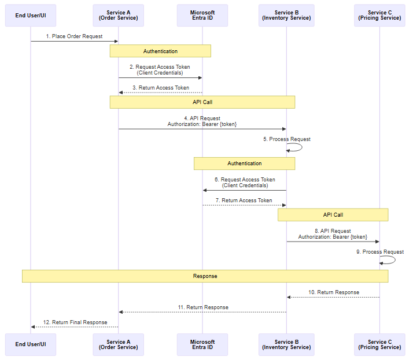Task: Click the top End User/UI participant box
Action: point(31,16)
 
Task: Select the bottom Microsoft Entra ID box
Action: point(202,344)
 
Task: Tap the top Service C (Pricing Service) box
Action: point(379,16)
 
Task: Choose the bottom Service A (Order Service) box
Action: point(119,344)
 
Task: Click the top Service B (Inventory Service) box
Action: point(286,16)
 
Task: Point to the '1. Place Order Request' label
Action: point(75,36)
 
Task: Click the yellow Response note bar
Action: point(205,276)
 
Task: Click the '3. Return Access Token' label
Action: point(160,88)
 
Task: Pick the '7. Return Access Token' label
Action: point(244,201)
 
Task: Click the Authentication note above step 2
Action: point(160,51)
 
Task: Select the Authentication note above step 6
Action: point(244,164)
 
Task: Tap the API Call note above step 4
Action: point(202,102)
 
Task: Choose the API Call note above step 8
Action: point(333,215)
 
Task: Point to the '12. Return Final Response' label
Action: point(75,322)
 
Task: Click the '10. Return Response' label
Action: point(334,292)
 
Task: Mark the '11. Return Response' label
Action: point(203,307)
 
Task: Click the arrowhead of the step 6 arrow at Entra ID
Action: point(205,190)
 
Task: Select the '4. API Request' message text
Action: point(202,118)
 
